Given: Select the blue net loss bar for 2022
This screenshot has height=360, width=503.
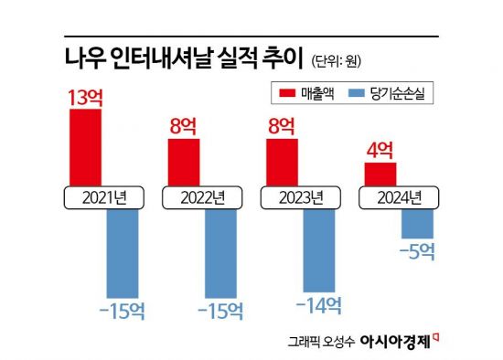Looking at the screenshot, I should (x=221, y=251).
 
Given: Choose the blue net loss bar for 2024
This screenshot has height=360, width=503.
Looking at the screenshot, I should (x=418, y=222).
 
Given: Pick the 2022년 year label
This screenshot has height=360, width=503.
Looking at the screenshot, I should (x=202, y=196).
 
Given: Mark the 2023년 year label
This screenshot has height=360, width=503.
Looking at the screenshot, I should (x=301, y=196).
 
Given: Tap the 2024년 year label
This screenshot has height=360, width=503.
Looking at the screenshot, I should (x=399, y=196).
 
